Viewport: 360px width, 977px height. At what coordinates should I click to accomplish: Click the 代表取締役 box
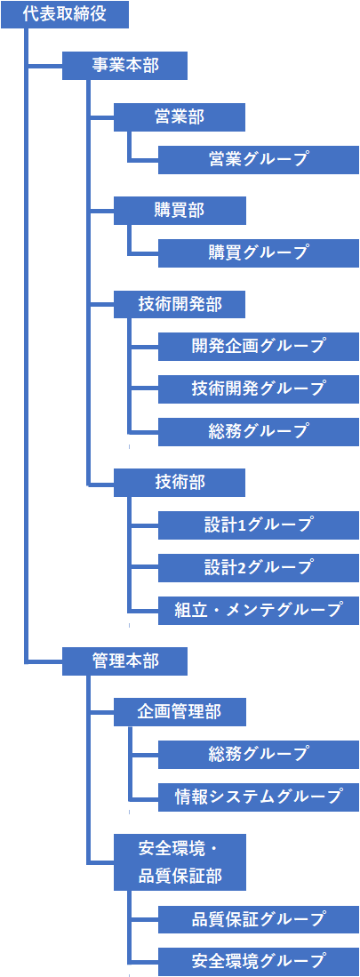(65, 14)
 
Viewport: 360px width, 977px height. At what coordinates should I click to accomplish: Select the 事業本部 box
(125, 66)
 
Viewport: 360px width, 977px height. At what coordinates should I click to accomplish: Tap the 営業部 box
(180, 116)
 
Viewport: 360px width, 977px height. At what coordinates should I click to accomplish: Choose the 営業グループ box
(259, 159)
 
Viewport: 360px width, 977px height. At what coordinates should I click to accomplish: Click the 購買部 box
(180, 210)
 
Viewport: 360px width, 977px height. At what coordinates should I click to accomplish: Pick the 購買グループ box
(259, 253)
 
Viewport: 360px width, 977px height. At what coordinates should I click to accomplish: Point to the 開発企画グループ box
(259, 346)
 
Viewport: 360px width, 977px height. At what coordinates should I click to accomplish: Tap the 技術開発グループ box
(259, 388)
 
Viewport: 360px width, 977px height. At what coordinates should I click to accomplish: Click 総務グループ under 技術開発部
(259, 431)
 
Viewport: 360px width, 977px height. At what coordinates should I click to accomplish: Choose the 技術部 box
(180, 482)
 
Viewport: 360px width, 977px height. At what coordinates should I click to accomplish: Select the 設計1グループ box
(259, 525)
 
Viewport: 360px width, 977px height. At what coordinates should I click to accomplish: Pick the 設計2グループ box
(259, 568)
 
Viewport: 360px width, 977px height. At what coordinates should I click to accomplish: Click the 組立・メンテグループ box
(259, 610)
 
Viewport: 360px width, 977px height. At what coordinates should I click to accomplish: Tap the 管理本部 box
(125, 661)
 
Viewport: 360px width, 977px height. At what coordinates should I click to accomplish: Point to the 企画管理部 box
(180, 711)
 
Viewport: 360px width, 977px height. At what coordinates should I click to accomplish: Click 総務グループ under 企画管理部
(259, 755)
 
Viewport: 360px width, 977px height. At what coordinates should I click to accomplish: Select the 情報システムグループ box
(259, 797)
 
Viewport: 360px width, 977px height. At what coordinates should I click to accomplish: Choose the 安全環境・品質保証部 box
(180, 861)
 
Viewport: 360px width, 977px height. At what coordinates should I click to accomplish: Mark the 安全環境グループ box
(259, 961)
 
